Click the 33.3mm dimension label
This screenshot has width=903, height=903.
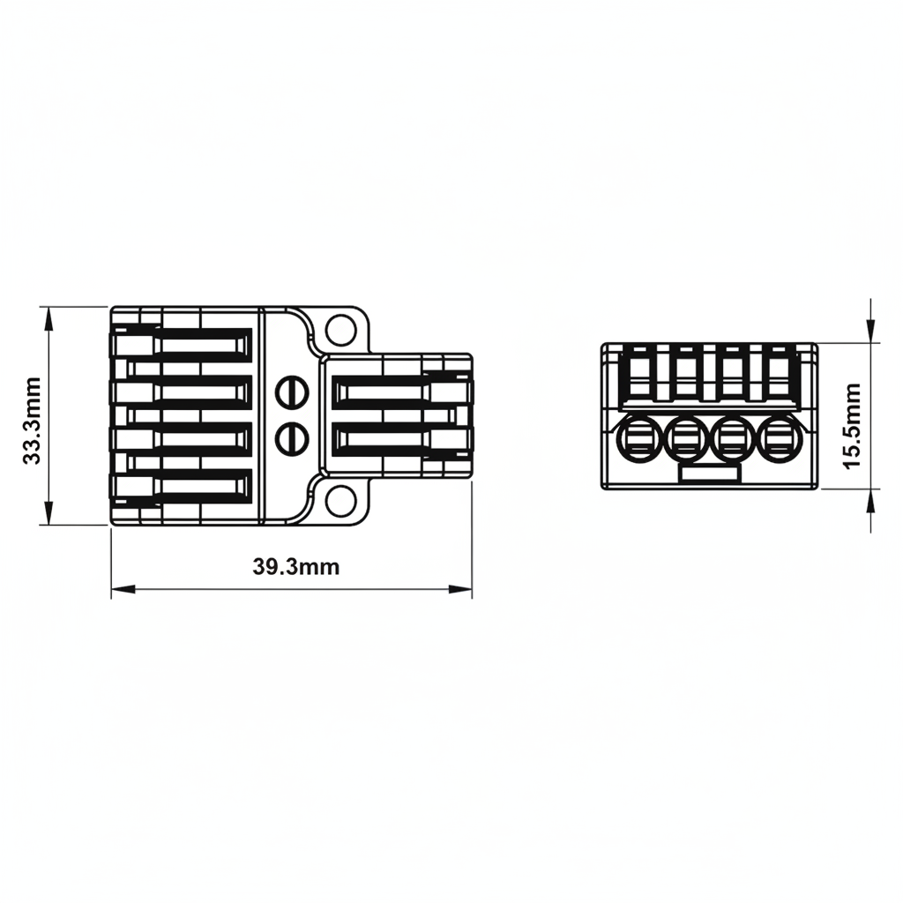pos(31,421)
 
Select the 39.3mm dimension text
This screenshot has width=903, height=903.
pos(296,567)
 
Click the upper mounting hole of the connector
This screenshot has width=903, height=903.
pos(340,330)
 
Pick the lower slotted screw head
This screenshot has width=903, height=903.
pos(292,439)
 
